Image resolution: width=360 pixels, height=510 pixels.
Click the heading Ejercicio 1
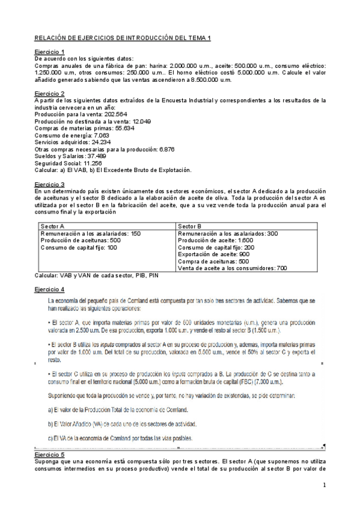[x=50, y=52]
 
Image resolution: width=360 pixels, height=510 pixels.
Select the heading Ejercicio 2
[x=50, y=93]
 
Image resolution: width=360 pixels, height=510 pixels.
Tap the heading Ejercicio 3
[x=50, y=184]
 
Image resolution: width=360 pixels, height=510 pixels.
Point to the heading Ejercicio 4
[x=50, y=289]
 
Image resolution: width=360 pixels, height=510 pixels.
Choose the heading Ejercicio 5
[x=50, y=455]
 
